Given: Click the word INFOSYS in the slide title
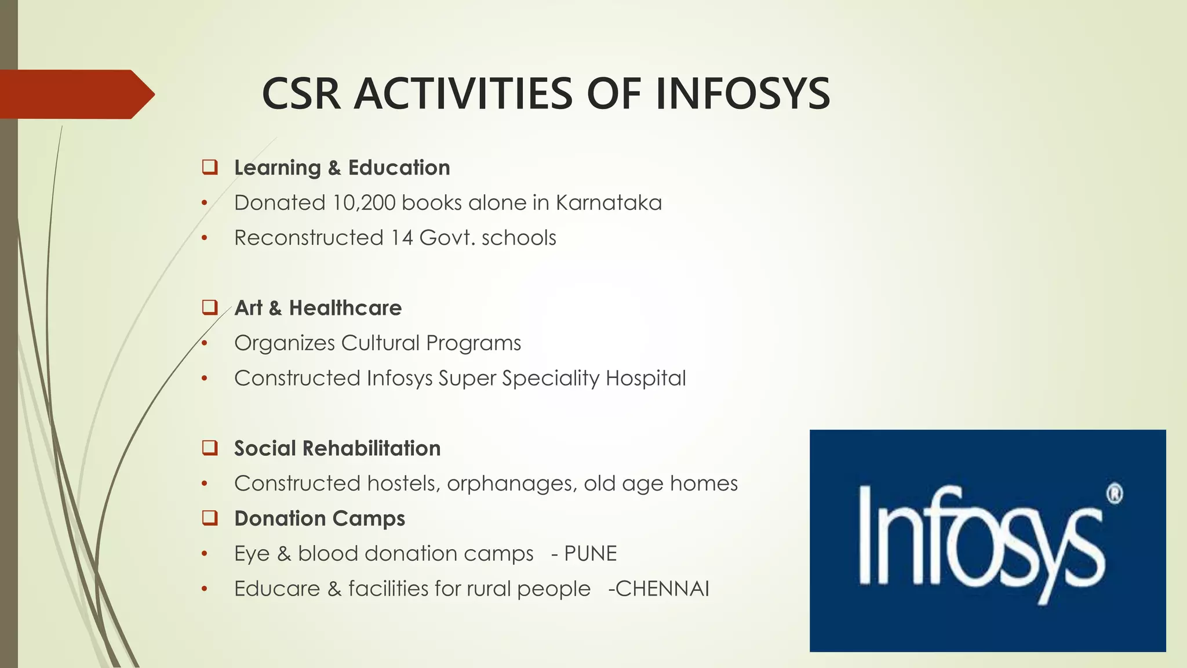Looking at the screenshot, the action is point(743,94).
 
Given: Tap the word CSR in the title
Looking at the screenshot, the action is point(301,94).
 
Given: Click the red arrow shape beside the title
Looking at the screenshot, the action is point(77,94).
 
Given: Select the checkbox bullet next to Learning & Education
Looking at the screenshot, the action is point(210,167).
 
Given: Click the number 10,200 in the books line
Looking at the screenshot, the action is point(364,203).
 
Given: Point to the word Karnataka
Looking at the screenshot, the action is point(609,203).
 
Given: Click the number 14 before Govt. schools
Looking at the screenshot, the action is point(402,238).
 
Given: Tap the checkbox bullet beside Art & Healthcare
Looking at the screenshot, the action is point(210,307).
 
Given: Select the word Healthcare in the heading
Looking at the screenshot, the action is point(345,308).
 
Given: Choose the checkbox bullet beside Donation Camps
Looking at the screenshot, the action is point(210,518).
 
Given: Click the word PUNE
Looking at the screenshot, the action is point(590,554).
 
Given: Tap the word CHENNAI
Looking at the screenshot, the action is point(662,589).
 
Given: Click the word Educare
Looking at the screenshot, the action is point(277,589).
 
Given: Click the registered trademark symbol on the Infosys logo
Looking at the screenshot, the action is point(1114,494).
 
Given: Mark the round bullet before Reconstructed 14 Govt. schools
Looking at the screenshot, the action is point(204,238).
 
